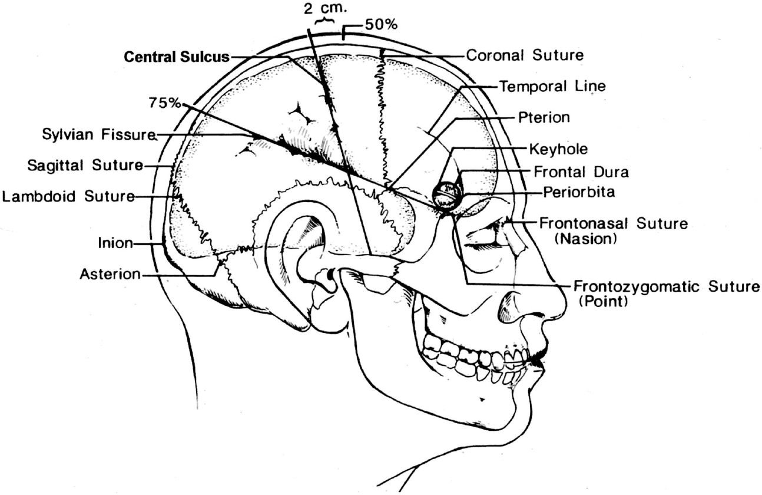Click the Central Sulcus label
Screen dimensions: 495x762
pos(177,58)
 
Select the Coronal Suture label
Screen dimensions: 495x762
pos(525,55)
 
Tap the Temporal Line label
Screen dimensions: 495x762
pos(552,87)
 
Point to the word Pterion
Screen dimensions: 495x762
pos(544,117)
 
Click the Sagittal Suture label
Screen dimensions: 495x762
pos(85,166)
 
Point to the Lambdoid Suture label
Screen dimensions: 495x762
pos(68,196)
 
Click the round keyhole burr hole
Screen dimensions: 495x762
pos(446,194)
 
